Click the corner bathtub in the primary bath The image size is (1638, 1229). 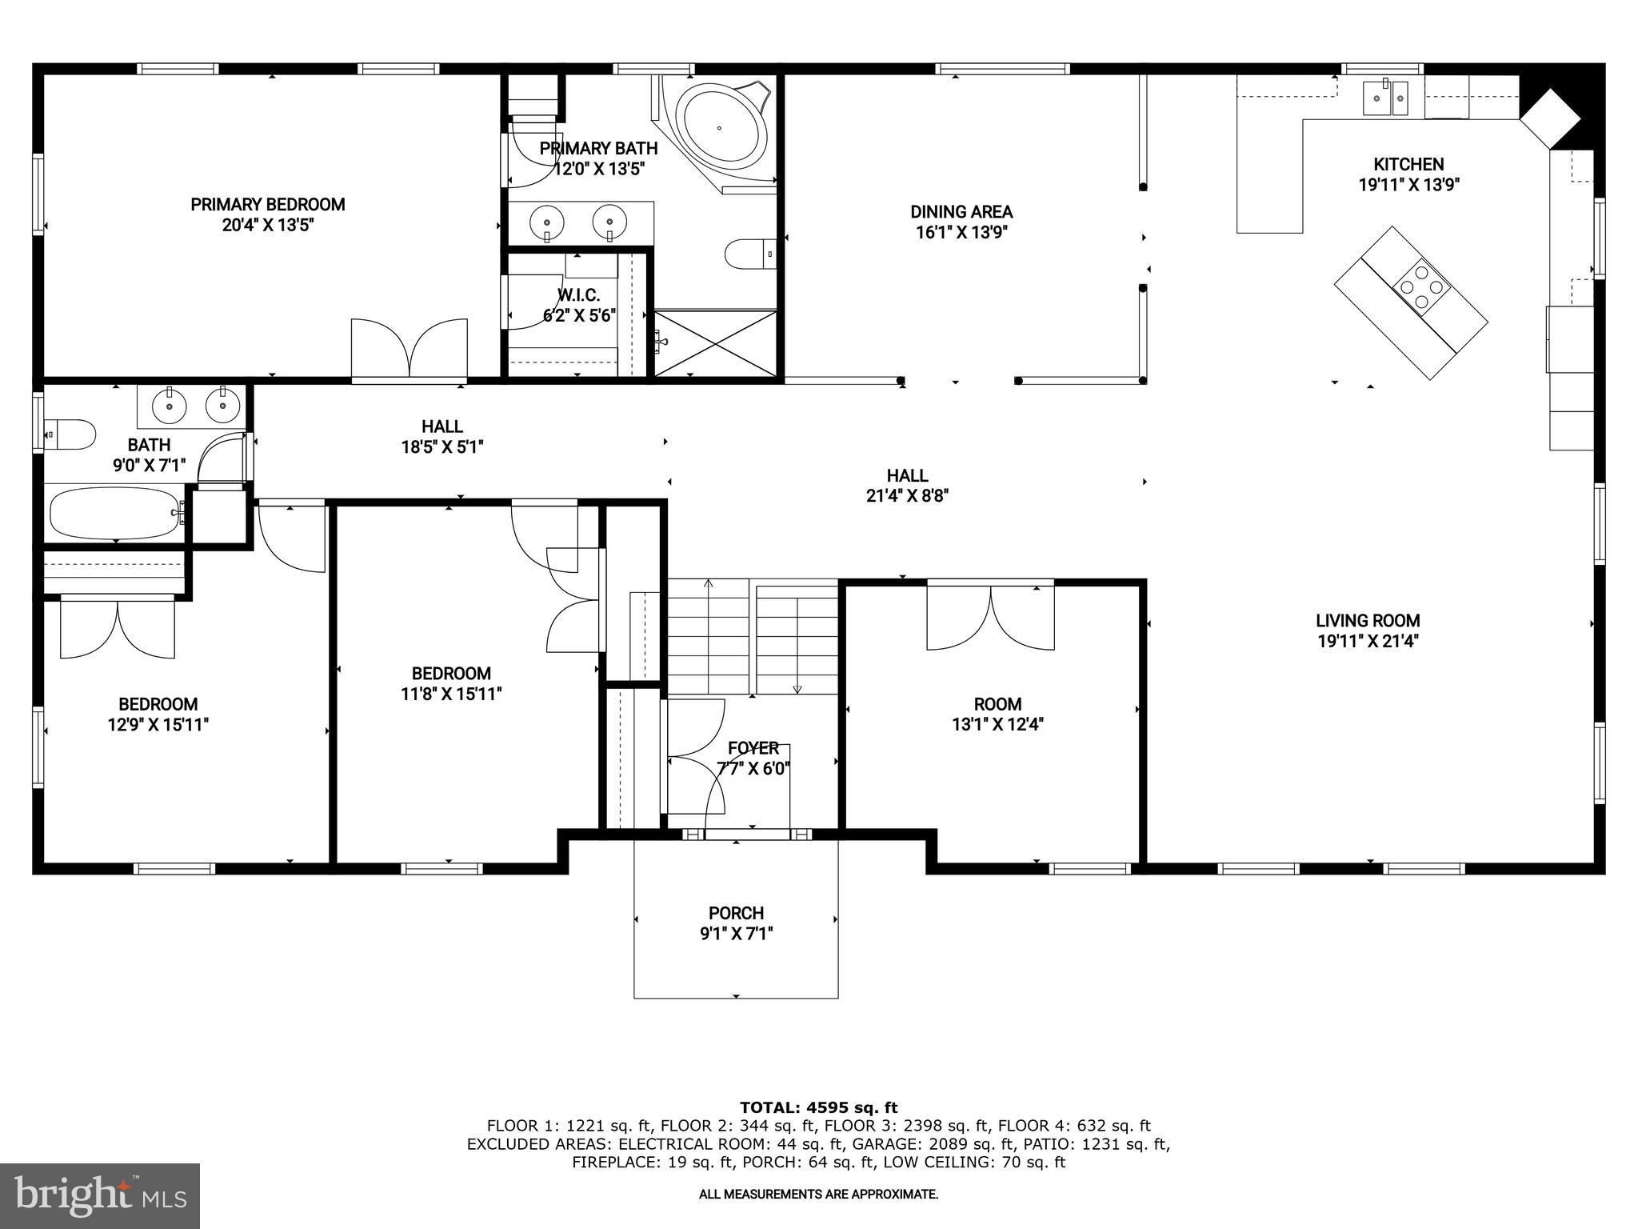pos(719,128)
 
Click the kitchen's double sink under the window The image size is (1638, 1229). pos(1385,99)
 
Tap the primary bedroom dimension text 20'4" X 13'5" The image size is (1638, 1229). pos(267,225)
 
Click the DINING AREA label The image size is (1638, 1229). pos(961,212)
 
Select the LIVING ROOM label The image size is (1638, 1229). pos(1368,620)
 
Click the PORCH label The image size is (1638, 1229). pos(736,913)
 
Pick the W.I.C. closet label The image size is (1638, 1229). pos(578,295)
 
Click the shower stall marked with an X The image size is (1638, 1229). pos(716,344)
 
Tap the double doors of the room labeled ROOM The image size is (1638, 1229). pos(990,617)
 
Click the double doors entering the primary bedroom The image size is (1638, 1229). pos(409,347)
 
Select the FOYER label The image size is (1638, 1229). pos(753,748)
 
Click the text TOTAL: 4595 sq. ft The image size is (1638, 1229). pos(818,1107)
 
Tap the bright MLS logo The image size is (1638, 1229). pos(100,1195)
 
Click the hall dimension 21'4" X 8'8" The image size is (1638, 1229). pos(907,496)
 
